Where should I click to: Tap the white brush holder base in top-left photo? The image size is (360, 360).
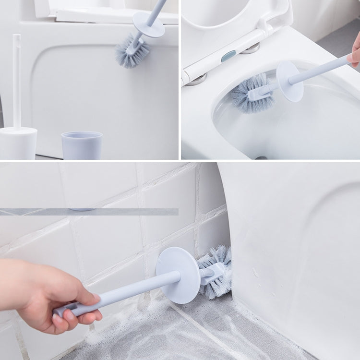pyautogui.click(x=18, y=143)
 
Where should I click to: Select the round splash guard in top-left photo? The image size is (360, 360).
pyautogui.click(x=148, y=24)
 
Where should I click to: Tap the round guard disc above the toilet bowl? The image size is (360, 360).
pyautogui.click(x=289, y=81)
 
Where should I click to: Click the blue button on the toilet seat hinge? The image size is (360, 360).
pyautogui.click(x=228, y=56)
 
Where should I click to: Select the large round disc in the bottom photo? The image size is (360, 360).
pyautogui.click(x=178, y=275)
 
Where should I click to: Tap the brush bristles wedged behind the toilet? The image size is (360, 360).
pyautogui.click(x=217, y=271)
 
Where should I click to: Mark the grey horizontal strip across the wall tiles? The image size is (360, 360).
pyautogui.click(x=89, y=211)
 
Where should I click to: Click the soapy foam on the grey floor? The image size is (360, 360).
pyautogui.click(x=158, y=331)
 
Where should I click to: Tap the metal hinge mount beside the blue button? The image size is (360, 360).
pyautogui.click(x=250, y=48)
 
